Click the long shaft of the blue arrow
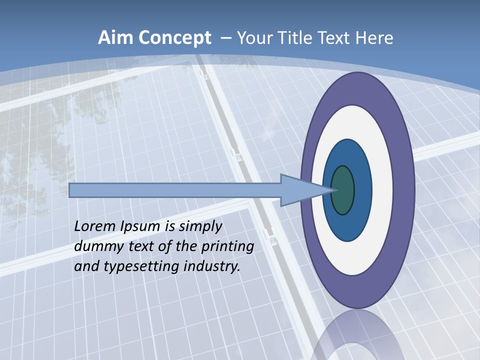[175, 190]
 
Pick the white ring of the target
[382, 190]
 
